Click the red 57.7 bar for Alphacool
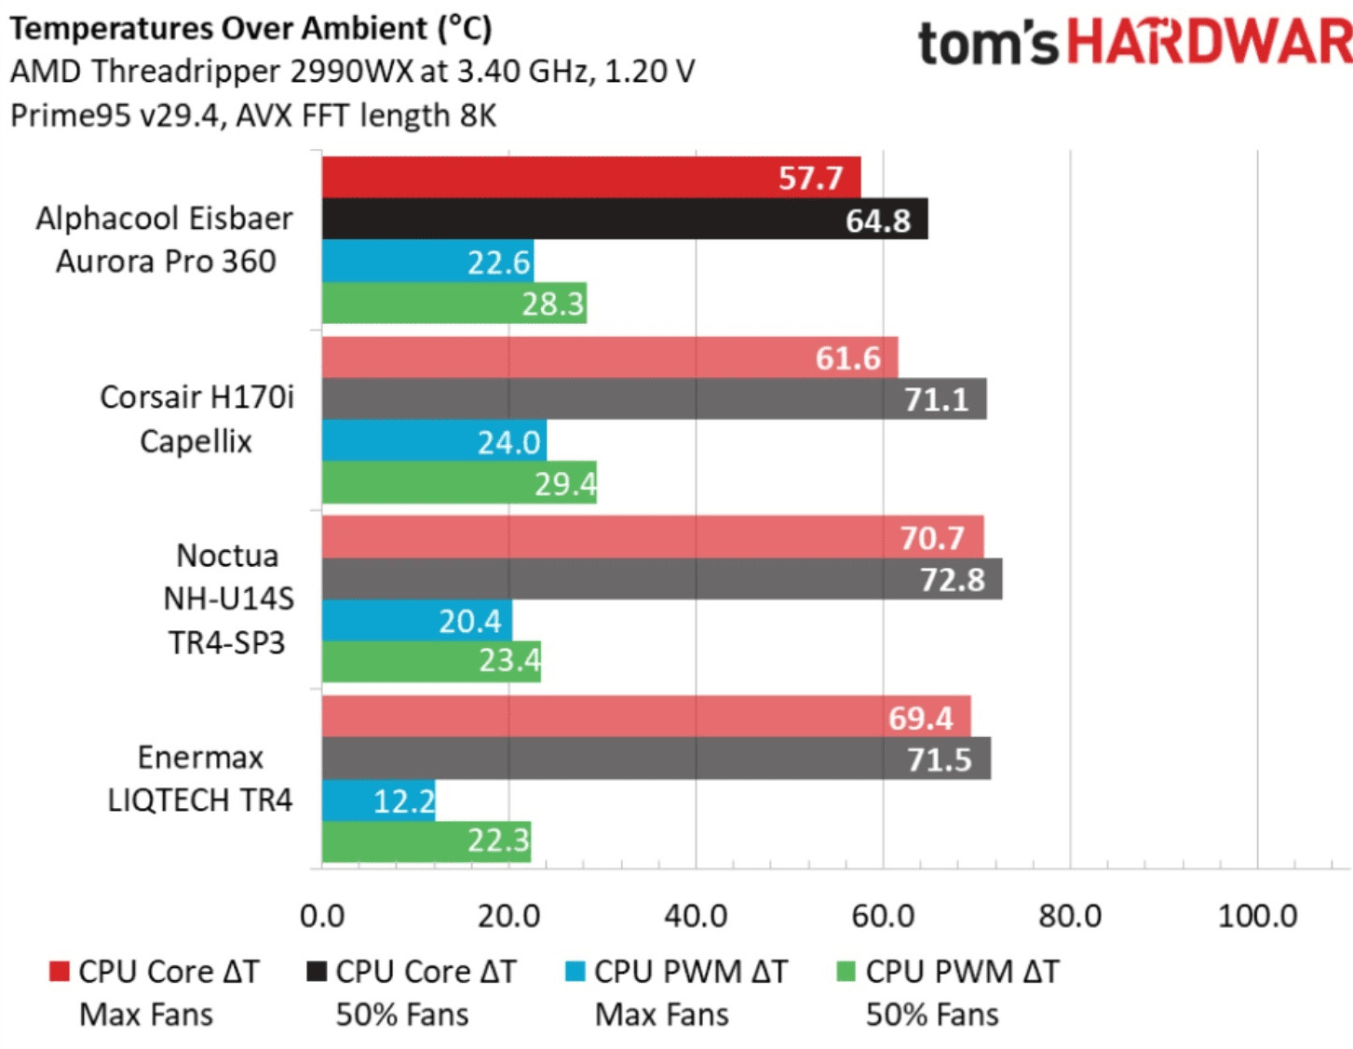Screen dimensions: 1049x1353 point(590,177)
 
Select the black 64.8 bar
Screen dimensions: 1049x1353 point(624,219)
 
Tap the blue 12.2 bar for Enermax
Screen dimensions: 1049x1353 point(378,800)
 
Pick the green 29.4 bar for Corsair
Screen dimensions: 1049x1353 point(458,483)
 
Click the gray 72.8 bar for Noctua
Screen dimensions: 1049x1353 point(661,579)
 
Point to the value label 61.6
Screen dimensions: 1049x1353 point(847,358)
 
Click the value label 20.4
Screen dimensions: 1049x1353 point(470,621)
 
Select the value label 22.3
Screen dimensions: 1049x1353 point(498,841)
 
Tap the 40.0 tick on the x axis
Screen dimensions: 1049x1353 point(696,916)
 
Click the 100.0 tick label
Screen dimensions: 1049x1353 point(1257,916)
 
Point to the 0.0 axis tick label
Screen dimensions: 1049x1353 point(322,916)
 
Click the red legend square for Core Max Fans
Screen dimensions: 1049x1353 point(60,972)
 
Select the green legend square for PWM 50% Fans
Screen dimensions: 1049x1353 point(846,972)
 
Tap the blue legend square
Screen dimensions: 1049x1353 point(575,972)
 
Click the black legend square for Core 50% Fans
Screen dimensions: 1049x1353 point(317,972)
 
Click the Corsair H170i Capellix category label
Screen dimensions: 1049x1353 point(196,419)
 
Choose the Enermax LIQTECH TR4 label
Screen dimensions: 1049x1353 point(199,778)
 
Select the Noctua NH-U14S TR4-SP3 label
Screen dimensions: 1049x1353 point(228,598)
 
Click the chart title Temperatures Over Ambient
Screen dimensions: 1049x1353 point(250,29)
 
